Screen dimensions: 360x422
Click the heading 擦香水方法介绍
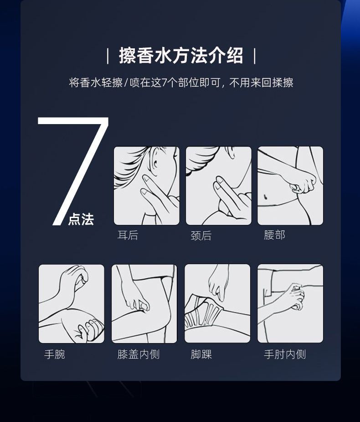[181, 56]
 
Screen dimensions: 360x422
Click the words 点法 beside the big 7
[81, 219]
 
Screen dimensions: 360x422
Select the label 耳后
[128, 235]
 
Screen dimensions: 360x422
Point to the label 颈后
[201, 235]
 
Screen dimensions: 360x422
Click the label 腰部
[274, 235]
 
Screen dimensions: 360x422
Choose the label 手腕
[55, 354]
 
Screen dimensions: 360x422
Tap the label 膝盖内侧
[139, 354]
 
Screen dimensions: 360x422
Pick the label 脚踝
[201, 354]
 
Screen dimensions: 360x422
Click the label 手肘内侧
[285, 354]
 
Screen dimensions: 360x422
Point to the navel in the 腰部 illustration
[265, 196]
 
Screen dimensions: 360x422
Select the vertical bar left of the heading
[108, 56]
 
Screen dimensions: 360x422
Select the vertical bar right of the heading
[255, 56]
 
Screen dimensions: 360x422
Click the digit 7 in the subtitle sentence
[164, 83]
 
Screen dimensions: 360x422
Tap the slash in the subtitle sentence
[126, 83]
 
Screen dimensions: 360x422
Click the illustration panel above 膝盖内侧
[144, 303]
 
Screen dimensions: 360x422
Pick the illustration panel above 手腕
[72, 303]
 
